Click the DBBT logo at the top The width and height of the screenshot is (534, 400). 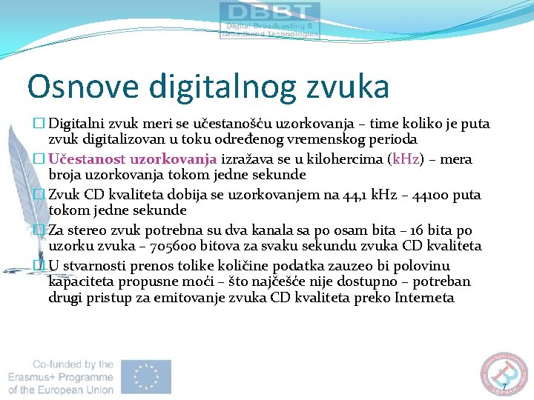pos(270,20)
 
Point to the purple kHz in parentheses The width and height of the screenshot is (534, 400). pos(406,159)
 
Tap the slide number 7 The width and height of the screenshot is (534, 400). pos(504,387)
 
